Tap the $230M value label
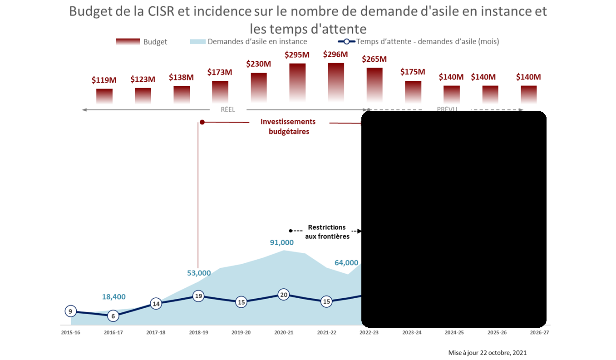[258, 64]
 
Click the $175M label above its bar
[413, 72]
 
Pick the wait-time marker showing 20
[284, 295]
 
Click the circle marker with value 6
[113, 316]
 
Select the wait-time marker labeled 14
[156, 304]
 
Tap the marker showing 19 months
[198, 296]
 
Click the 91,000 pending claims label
[282, 242]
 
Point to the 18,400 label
[113, 297]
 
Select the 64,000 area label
[346, 262]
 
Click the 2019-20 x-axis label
[241, 333]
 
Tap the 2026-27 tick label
[539, 333]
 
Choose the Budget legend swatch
[128, 42]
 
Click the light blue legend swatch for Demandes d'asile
[197, 42]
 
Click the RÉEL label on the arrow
[228, 109]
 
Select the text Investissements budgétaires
[288, 127]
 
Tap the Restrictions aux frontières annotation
[327, 232]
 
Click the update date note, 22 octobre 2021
[487, 353]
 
